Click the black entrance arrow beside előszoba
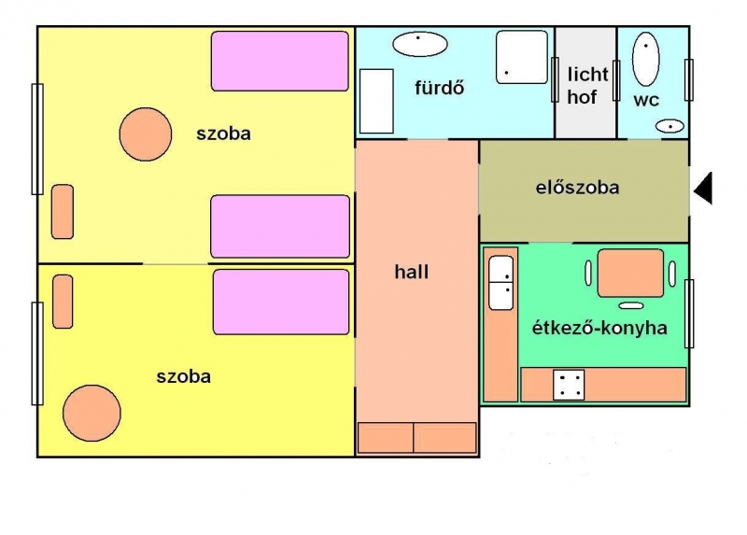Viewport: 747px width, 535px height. tap(704, 189)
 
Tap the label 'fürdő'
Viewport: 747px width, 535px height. tap(439, 88)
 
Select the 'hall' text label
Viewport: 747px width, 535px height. tap(412, 272)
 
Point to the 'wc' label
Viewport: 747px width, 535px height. tap(646, 100)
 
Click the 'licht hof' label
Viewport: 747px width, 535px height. tap(587, 86)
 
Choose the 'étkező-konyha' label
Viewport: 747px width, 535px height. tap(599, 328)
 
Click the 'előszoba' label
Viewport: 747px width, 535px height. tap(577, 188)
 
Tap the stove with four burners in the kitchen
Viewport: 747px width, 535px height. tap(569, 385)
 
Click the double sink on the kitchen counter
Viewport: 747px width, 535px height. tap(500, 283)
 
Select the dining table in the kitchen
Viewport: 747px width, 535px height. tap(630, 273)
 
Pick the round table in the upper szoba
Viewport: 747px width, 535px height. tap(146, 134)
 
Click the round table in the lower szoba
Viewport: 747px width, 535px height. tap(92, 413)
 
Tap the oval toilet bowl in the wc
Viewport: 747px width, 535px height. tap(645, 60)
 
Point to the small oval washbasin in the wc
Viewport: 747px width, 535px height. tap(669, 126)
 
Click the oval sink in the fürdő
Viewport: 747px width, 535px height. tap(419, 44)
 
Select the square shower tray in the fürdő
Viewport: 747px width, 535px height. tap(522, 57)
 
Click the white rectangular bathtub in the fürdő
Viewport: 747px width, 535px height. tap(376, 101)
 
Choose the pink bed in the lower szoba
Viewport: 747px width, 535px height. tap(281, 302)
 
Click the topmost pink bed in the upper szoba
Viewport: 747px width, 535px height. tap(280, 61)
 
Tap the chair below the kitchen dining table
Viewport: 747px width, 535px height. tap(631, 305)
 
